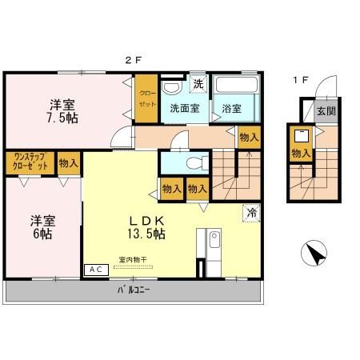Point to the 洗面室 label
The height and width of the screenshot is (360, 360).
tap(184, 110)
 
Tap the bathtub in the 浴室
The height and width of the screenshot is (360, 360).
tap(236, 88)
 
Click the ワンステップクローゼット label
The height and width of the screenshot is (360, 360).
tap(29, 162)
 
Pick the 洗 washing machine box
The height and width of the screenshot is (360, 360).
tap(198, 83)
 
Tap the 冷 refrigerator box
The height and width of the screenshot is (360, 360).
tap(251, 213)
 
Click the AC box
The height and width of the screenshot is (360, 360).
tap(95, 270)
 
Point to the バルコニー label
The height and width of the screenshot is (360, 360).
tap(134, 289)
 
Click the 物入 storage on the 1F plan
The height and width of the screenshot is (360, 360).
tap(301, 153)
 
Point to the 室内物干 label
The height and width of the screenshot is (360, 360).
tap(134, 259)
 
